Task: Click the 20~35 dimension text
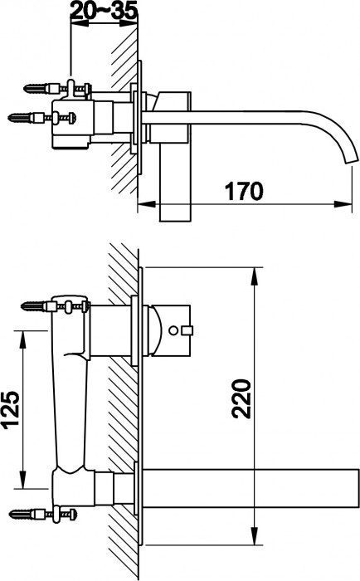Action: tap(105, 12)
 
